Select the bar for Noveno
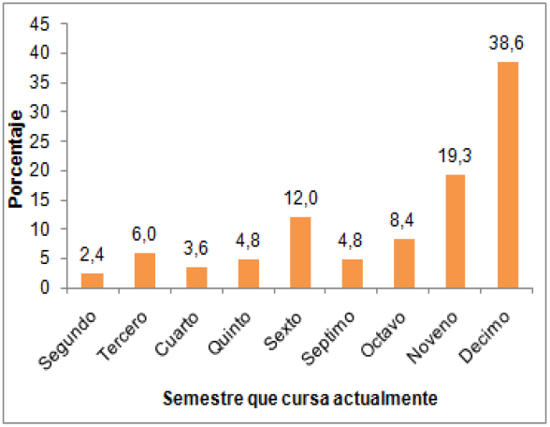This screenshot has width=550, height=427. point(456,231)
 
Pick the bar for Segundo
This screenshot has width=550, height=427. point(93,280)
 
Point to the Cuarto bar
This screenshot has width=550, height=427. point(196,277)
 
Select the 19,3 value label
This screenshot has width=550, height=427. point(456,156)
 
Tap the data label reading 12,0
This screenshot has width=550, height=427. point(299,199)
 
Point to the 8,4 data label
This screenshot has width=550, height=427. point(404,221)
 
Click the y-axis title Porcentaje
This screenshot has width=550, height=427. point(16,156)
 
